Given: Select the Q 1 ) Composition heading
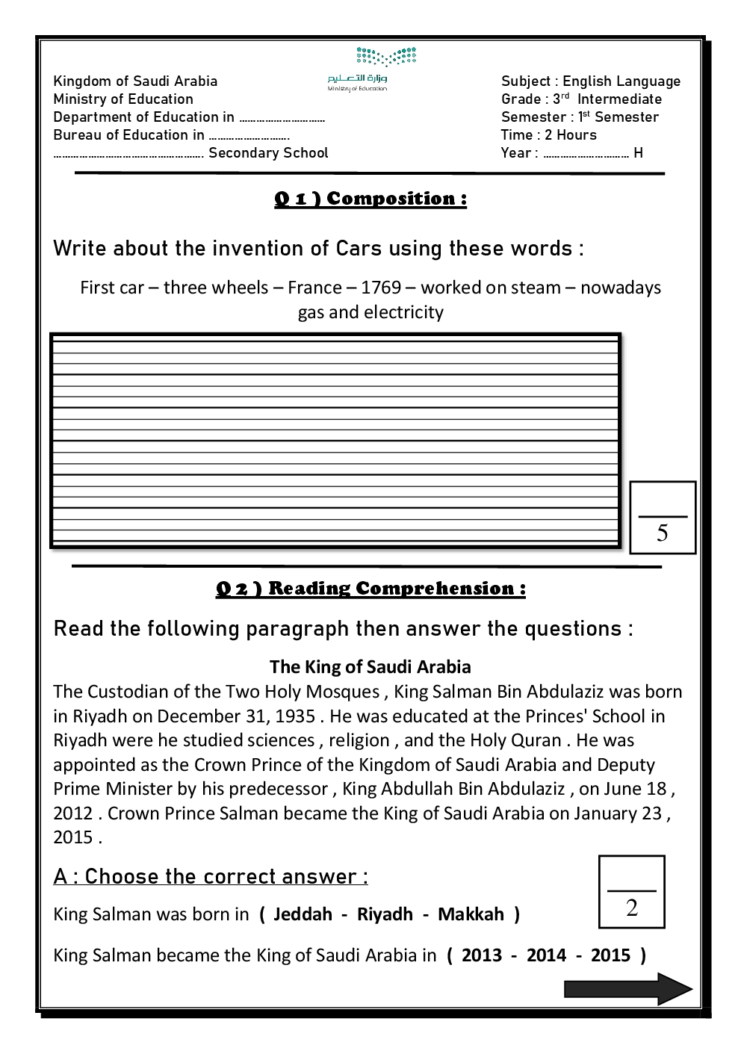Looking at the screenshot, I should coord(370,199).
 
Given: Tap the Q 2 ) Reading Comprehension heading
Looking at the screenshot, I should coord(370,589).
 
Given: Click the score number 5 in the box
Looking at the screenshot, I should coord(662,533).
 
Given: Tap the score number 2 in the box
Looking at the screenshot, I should coord(632,908).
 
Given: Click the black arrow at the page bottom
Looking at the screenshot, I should coord(627,989).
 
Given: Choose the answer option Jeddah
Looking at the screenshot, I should coord(303,914).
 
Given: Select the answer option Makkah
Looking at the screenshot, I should coord(471,914).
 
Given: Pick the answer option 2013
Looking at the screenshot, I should coord(482,955).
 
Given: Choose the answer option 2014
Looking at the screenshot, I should coord(546,955).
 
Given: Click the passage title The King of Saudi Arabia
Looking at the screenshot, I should coord(370,666).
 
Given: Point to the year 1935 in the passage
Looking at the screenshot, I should coord(295,716).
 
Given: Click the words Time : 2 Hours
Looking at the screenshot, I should coord(549,135).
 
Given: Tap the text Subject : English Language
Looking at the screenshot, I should coord(591,81).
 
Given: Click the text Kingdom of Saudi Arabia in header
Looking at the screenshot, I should coord(135,81).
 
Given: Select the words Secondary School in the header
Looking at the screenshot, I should coord(268,153).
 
